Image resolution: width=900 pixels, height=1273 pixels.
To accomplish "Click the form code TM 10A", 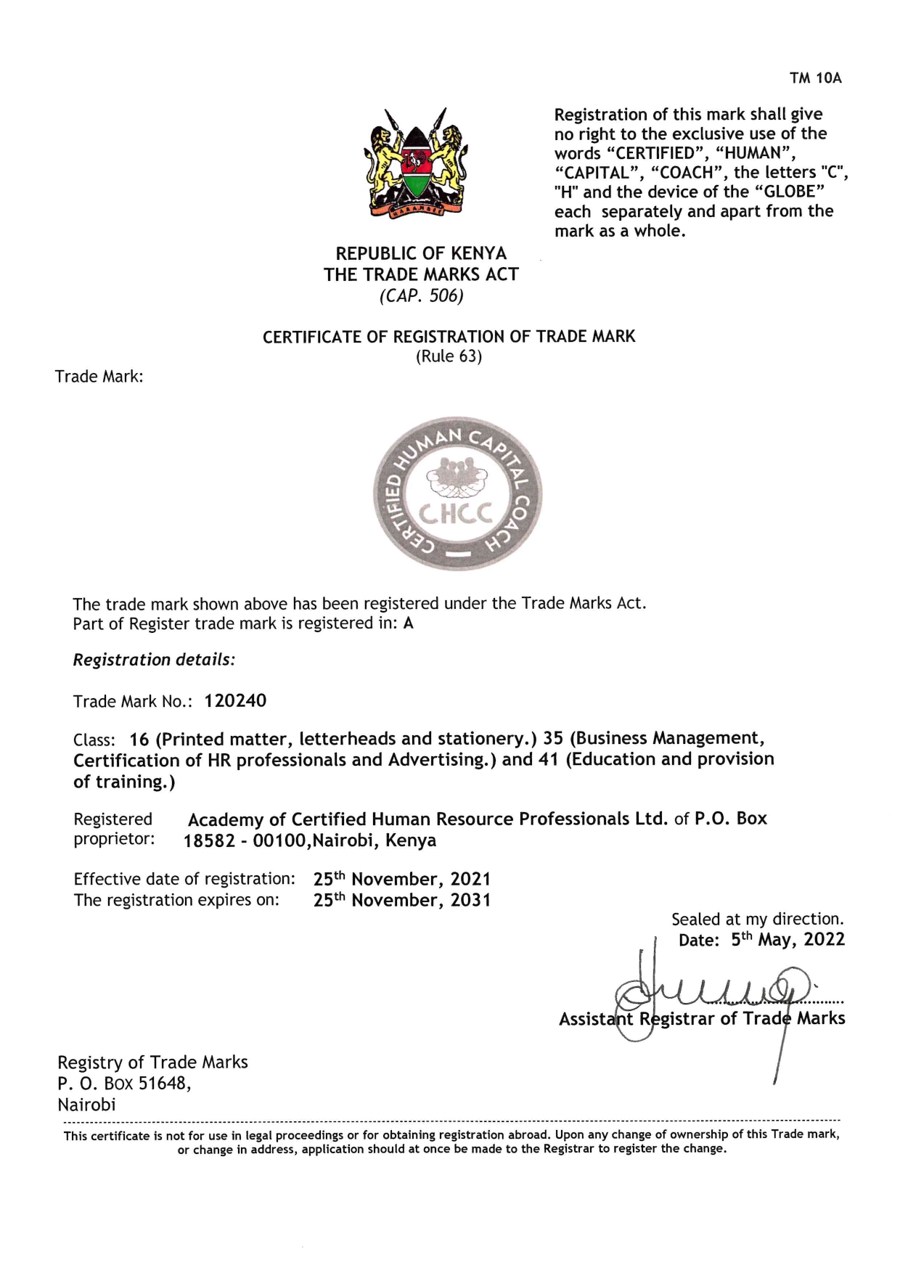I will pyautogui.click(x=815, y=78).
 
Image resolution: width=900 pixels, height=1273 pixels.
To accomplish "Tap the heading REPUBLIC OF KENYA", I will pyautogui.click(x=421, y=253).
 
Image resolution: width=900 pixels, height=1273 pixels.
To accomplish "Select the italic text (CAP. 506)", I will pyautogui.click(x=421, y=296).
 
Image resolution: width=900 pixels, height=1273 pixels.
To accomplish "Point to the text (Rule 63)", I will pyautogui.click(x=449, y=356).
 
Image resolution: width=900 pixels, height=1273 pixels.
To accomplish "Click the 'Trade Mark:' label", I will pyautogui.click(x=99, y=377).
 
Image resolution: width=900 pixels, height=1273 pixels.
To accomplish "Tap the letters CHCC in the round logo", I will pyautogui.click(x=456, y=513).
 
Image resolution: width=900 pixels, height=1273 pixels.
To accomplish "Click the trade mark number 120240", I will pyautogui.click(x=235, y=701).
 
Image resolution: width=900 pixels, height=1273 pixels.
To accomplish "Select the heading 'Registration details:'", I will pyautogui.click(x=154, y=660).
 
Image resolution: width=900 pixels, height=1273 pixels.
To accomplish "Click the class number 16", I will pyautogui.click(x=139, y=740).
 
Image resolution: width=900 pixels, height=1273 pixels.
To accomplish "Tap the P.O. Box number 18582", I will pyautogui.click(x=210, y=841).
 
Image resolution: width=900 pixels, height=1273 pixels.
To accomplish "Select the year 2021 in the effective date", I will pyautogui.click(x=470, y=880).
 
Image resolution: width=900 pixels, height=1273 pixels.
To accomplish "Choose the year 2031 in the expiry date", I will pyautogui.click(x=470, y=901).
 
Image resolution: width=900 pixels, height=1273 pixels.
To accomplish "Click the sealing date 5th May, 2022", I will pyautogui.click(x=787, y=940).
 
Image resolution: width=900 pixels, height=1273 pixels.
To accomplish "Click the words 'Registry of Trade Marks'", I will pyautogui.click(x=152, y=1063).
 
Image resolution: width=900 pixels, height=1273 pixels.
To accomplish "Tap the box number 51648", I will pyautogui.click(x=164, y=1084).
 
